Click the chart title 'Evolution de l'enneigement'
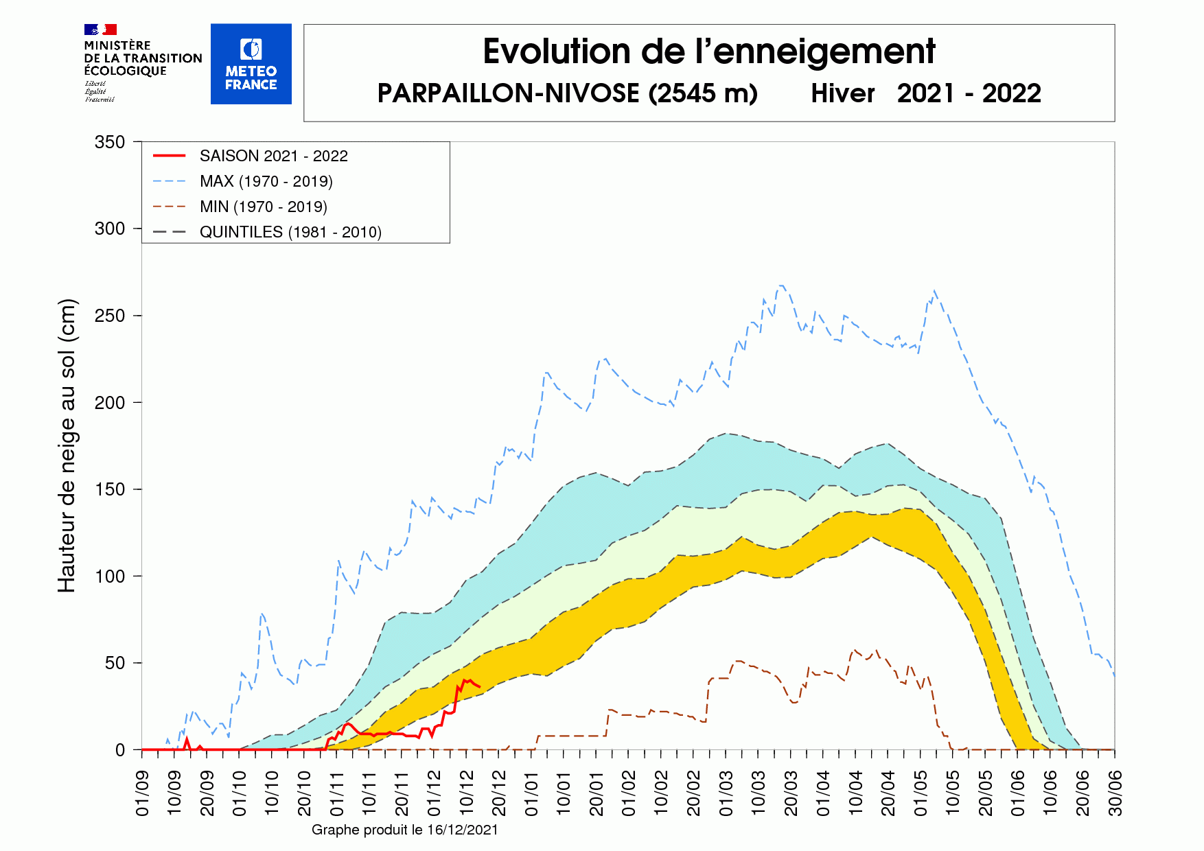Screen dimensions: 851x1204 pyautogui.click(x=708, y=52)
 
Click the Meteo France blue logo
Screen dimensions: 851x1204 pyautogui.click(x=251, y=64)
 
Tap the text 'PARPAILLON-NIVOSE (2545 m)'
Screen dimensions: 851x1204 pyautogui.click(x=567, y=93)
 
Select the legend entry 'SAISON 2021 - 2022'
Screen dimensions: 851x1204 pyautogui.click(x=273, y=156)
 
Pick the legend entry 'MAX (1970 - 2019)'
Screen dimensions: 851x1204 pyautogui.click(x=266, y=181)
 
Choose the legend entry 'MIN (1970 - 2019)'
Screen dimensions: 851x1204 pyautogui.click(x=263, y=207)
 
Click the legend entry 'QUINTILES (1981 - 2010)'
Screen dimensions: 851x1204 pyautogui.click(x=290, y=232)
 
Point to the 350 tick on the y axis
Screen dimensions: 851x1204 pyautogui.click(x=110, y=142)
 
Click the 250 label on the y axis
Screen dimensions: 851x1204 pyautogui.click(x=110, y=316)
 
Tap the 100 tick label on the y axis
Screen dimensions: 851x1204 pyautogui.click(x=110, y=576)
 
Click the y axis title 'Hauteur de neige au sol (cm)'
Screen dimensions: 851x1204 pyautogui.click(x=67, y=446)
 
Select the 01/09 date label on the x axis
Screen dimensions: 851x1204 pyautogui.click(x=142, y=793)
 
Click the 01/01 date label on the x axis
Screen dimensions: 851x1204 pyautogui.click(x=531, y=793)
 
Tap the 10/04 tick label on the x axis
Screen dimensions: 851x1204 pyautogui.click(x=856, y=793)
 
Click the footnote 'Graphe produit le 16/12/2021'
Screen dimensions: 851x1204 pyautogui.click(x=404, y=830)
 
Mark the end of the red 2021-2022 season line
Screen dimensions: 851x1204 pyautogui.click(x=479, y=687)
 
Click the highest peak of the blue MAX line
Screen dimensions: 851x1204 pyautogui.click(x=781, y=285)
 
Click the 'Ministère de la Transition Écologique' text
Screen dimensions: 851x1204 pyautogui.click(x=142, y=58)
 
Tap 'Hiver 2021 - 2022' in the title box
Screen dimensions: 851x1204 pyautogui.click(x=925, y=93)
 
